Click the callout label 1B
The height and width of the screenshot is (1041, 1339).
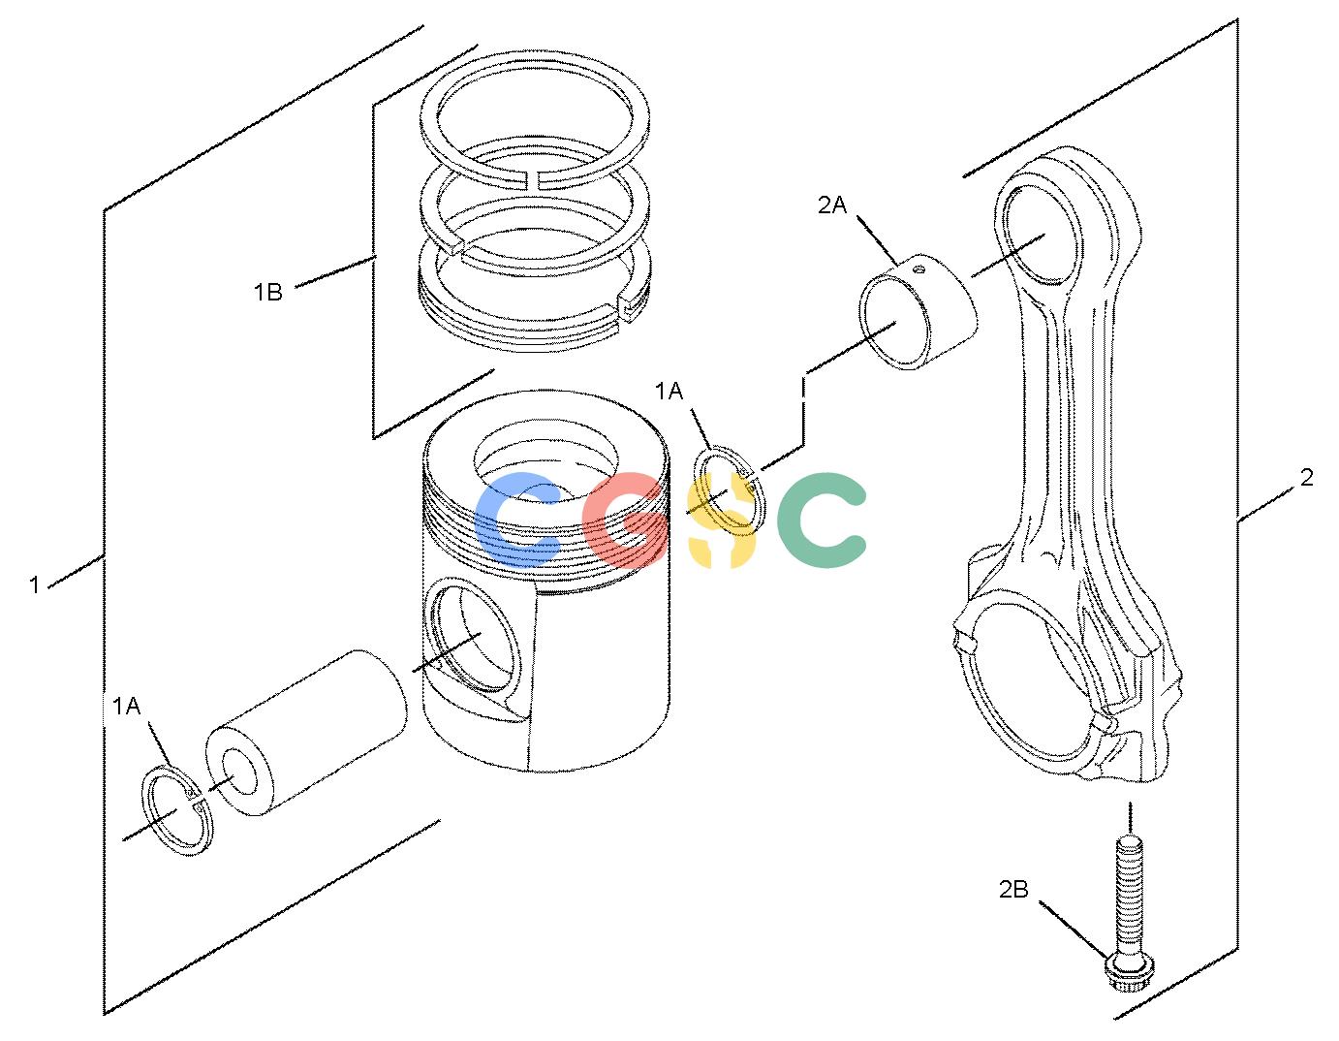[x=267, y=292]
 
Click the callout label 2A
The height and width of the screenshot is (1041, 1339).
[x=832, y=205]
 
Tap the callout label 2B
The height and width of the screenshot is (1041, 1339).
[x=1013, y=889]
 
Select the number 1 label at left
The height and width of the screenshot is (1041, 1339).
[x=35, y=584]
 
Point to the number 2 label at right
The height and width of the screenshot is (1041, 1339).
[x=1306, y=477]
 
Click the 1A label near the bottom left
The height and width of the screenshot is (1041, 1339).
[x=126, y=707]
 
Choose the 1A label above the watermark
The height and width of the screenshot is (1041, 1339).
[x=669, y=391]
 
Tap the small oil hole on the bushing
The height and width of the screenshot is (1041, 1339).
[x=919, y=268]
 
